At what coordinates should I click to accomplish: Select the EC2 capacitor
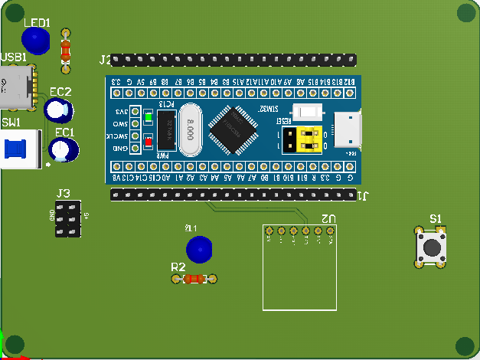(57, 110)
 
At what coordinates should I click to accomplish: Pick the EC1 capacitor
(64, 149)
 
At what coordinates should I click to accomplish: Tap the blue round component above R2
(199, 249)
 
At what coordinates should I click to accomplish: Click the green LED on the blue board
(148, 118)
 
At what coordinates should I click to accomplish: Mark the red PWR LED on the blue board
(148, 140)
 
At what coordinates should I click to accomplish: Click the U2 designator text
(328, 218)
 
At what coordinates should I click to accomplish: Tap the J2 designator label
(105, 59)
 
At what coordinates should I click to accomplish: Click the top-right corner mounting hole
(466, 13)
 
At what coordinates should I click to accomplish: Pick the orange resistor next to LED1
(65, 51)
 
